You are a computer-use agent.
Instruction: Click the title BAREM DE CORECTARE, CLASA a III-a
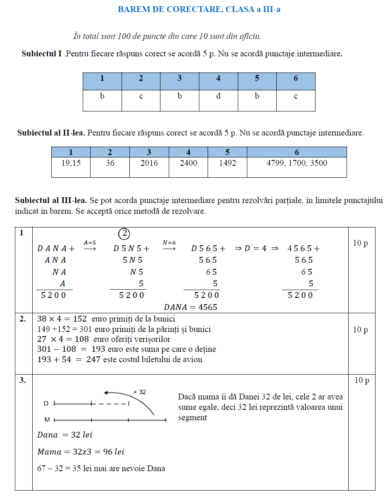click(x=199, y=9)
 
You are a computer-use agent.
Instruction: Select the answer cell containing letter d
click(x=218, y=96)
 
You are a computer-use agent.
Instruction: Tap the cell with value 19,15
click(x=71, y=163)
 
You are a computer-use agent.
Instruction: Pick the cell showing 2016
click(x=149, y=163)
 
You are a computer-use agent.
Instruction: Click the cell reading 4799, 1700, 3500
click(x=297, y=163)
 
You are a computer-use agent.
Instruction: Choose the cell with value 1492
click(x=227, y=163)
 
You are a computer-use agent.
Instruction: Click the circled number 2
click(x=124, y=234)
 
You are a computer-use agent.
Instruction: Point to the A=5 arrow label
click(x=90, y=243)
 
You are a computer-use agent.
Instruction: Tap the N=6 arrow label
click(x=170, y=243)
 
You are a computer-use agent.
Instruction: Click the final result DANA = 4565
click(x=190, y=307)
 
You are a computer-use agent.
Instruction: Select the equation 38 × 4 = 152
click(x=62, y=319)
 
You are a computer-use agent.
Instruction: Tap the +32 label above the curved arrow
click(x=140, y=392)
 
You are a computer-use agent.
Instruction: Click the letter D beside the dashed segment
click(x=46, y=403)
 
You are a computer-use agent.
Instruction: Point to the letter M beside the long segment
click(x=47, y=420)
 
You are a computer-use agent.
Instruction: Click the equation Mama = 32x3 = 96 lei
click(x=81, y=452)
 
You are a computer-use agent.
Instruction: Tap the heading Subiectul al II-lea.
click(x=51, y=133)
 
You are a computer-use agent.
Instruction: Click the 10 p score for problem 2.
click(x=360, y=330)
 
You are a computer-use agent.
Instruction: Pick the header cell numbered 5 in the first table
click(x=257, y=78)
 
